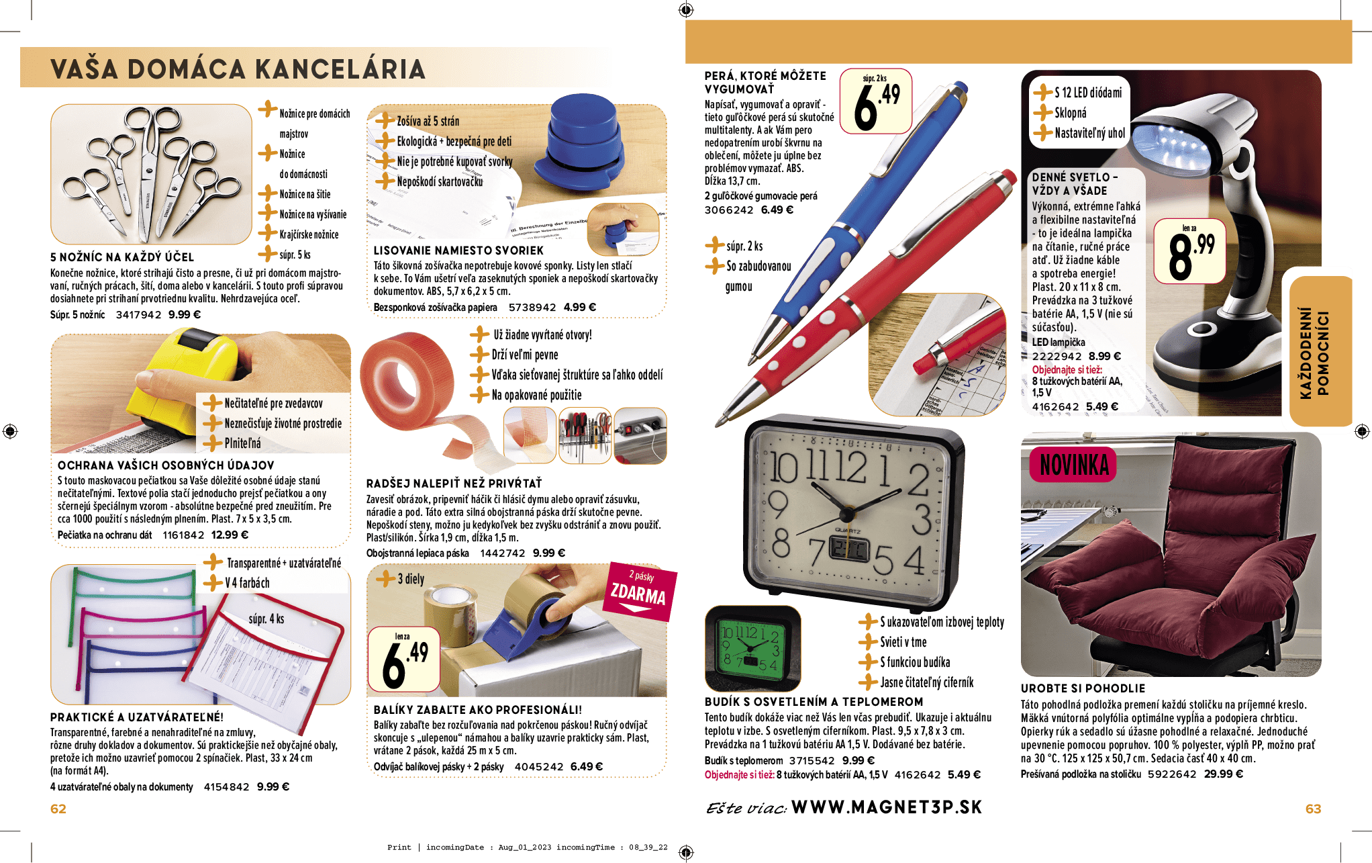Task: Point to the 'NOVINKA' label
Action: [x=1073, y=465]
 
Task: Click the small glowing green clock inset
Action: [x=752, y=647]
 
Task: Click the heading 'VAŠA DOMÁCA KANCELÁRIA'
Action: [x=238, y=69]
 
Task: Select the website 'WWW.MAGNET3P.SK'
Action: [x=886, y=807]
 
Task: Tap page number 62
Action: [x=58, y=809]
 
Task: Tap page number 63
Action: [x=1312, y=809]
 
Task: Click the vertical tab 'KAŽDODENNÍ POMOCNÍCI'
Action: [x=1314, y=352]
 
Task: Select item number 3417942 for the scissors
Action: [x=138, y=314]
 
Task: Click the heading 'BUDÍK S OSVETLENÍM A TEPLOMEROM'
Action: [x=814, y=701]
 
